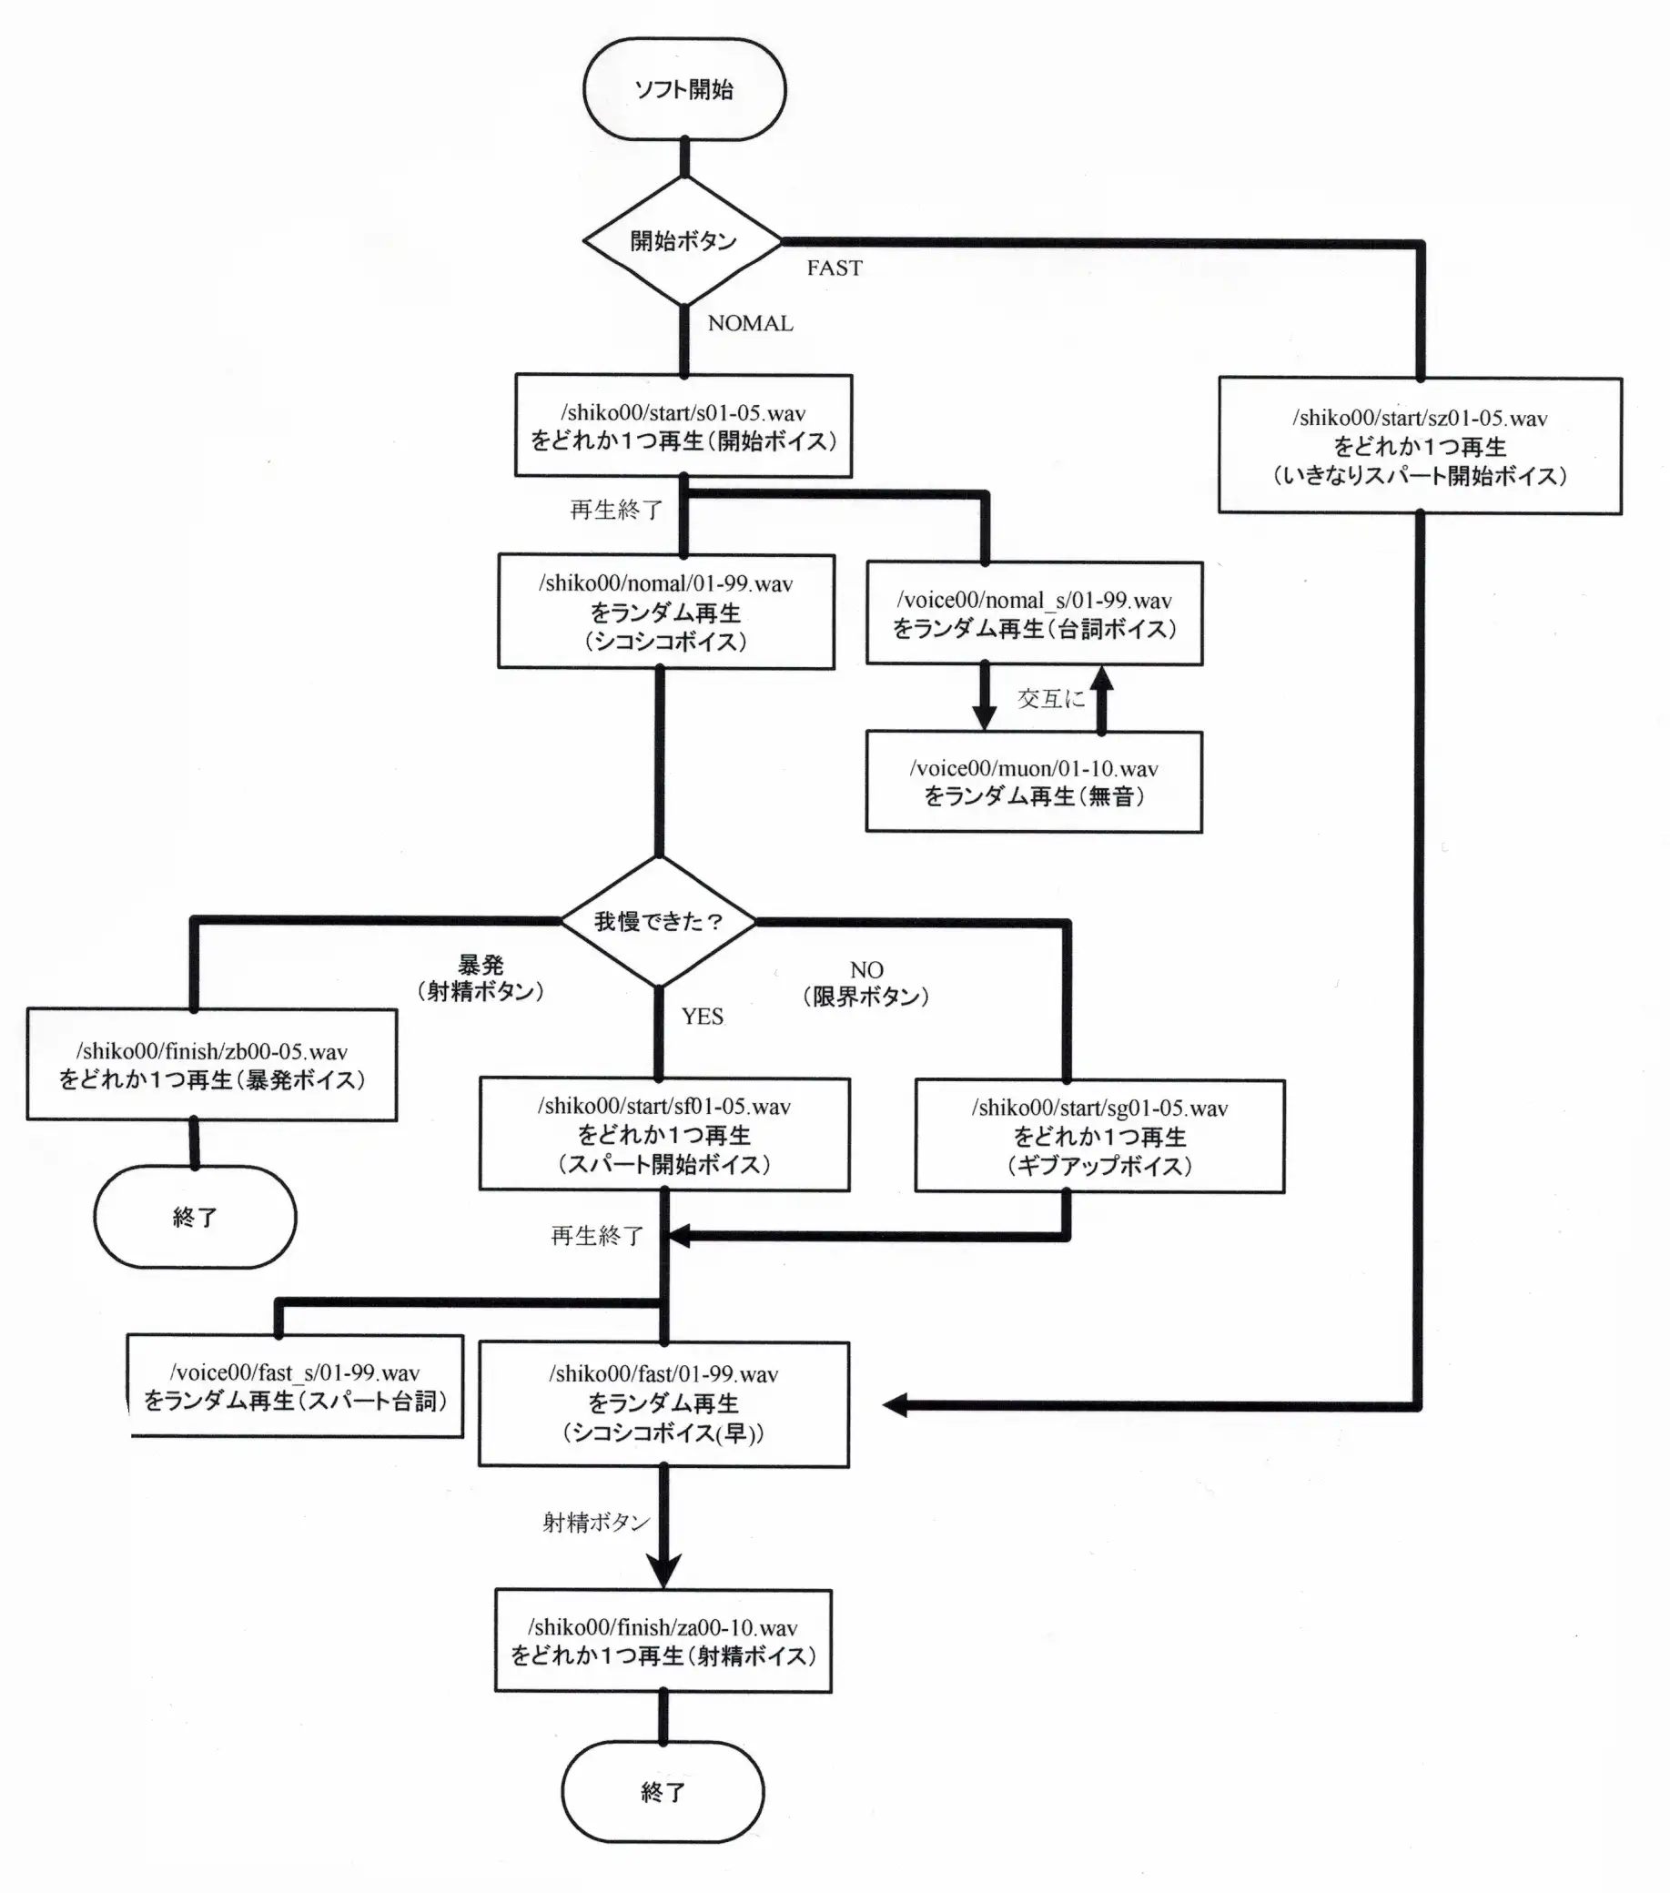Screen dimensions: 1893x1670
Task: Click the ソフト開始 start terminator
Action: (684, 89)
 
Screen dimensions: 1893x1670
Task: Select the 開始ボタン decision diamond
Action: (683, 241)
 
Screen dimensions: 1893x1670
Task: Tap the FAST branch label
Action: (834, 268)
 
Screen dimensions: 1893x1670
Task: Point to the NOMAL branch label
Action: (750, 323)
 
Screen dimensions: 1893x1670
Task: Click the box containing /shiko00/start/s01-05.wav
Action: (683, 426)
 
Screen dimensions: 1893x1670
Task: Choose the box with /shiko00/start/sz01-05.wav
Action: (1419, 445)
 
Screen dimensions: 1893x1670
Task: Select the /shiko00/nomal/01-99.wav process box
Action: (666, 612)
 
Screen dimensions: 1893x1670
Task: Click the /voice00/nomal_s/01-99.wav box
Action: (1034, 613)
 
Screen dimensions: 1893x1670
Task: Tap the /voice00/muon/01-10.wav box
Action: (1034, 782)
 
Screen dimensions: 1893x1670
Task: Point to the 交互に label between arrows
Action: (1050, 698)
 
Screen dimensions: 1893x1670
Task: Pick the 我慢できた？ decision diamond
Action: (659, 922)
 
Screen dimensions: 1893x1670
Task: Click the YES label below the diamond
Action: (702, 1016)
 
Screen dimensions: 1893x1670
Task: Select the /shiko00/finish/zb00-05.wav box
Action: (211, 1065)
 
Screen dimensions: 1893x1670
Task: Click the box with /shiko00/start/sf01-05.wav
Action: (664, 1134)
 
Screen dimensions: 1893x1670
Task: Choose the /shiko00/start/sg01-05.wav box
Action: (1099, 1136)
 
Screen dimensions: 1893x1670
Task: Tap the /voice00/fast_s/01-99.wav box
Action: (295, 1385)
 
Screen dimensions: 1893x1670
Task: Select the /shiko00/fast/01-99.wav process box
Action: (663, 1403)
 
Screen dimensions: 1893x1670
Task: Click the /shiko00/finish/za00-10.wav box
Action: (663, 1641)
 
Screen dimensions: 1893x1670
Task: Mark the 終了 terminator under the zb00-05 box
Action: (195, 1216)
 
